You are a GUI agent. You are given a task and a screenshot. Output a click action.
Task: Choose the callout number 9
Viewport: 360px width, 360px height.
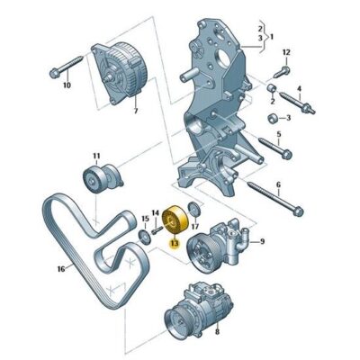click(262, 241)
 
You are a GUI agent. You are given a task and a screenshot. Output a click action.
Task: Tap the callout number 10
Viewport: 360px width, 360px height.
click(66, 86)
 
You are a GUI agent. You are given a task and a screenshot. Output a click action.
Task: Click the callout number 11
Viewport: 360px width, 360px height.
click(96, 157)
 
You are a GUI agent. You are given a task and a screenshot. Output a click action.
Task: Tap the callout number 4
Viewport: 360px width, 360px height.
click(300, 88)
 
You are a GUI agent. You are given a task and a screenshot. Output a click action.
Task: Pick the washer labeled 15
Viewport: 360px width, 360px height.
click(142, 236)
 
